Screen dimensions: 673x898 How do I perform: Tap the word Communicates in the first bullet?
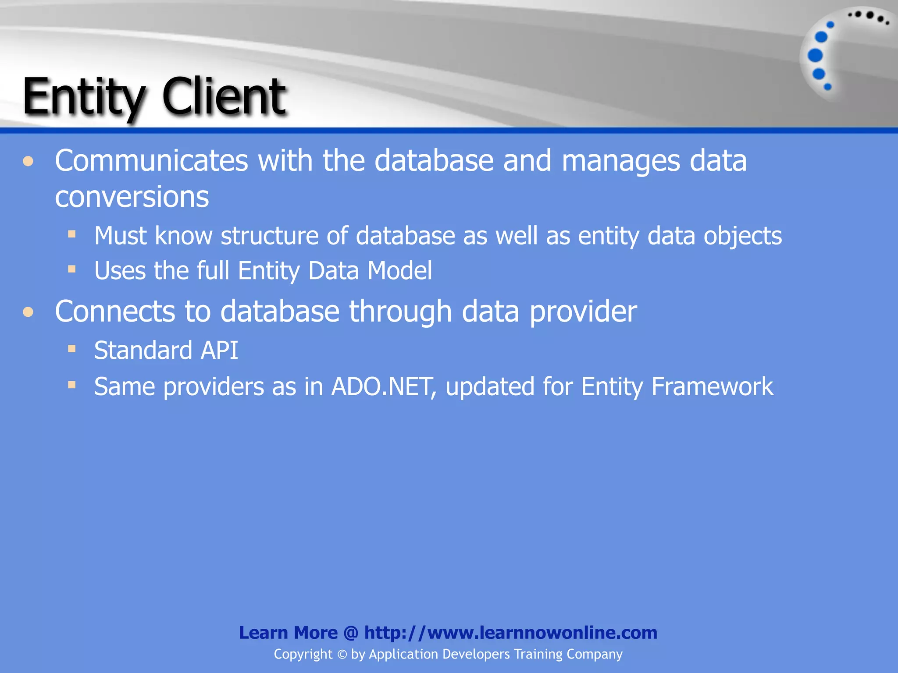click(x=151, y=161)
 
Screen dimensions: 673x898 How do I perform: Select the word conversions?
click(x=132, y=197)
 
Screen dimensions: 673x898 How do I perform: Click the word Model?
click(x=399, y=270)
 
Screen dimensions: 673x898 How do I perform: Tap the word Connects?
click(x=114, y=312)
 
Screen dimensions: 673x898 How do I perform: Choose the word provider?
click(x=583, y=312)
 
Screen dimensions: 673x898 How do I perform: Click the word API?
click(x=219, y=351)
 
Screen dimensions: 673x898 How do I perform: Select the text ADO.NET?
click(x=384, y=387)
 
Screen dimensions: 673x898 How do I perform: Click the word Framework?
click(x=712, y=387)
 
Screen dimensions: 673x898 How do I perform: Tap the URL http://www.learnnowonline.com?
click(x=511, y=633)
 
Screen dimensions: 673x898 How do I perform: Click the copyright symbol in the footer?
click(x=342, y=655)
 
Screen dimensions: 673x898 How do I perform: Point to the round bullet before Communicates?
click(x=29, y=161)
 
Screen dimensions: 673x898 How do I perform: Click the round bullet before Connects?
click(x=29, y=312)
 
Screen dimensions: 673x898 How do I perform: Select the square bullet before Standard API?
click(x=72, y=349)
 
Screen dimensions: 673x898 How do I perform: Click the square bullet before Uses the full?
click(x=72, y=269)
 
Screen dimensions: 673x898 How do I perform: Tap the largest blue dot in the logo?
click(x=816, y=56)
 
